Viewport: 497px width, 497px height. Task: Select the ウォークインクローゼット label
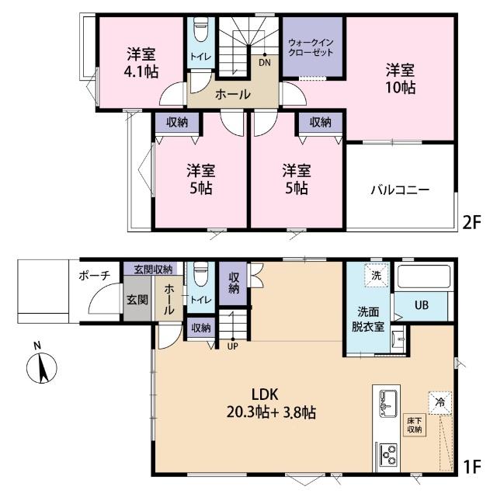[310, 47]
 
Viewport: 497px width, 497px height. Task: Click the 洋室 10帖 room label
[400, 78]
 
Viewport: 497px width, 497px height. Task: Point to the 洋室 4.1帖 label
[142, 63]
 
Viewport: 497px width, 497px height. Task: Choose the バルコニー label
[399, 189]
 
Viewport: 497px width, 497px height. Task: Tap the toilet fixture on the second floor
[200, 32]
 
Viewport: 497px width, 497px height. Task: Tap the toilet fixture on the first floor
[200, 275]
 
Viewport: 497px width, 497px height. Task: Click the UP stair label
[232, 346]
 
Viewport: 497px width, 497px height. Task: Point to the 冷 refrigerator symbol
[440, 402]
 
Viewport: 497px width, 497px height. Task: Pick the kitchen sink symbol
[387, 402]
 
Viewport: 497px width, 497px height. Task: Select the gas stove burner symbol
[386, 451]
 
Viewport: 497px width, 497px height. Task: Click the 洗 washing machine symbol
[375, 276]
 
